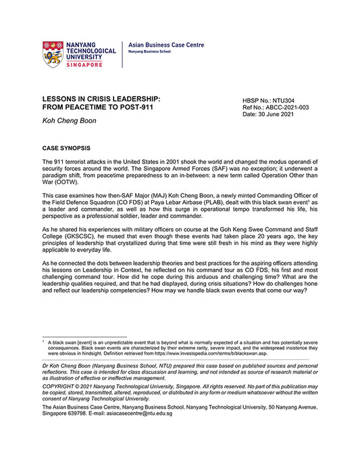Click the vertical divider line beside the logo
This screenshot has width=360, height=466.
pyautogui.click(x=122, y=54)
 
